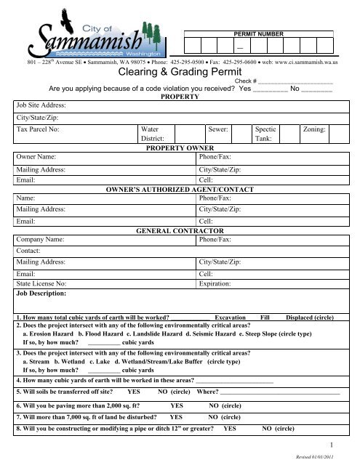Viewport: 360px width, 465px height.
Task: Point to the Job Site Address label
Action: [x=44, y=105]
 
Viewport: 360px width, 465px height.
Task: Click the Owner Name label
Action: [x=36, y=156]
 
